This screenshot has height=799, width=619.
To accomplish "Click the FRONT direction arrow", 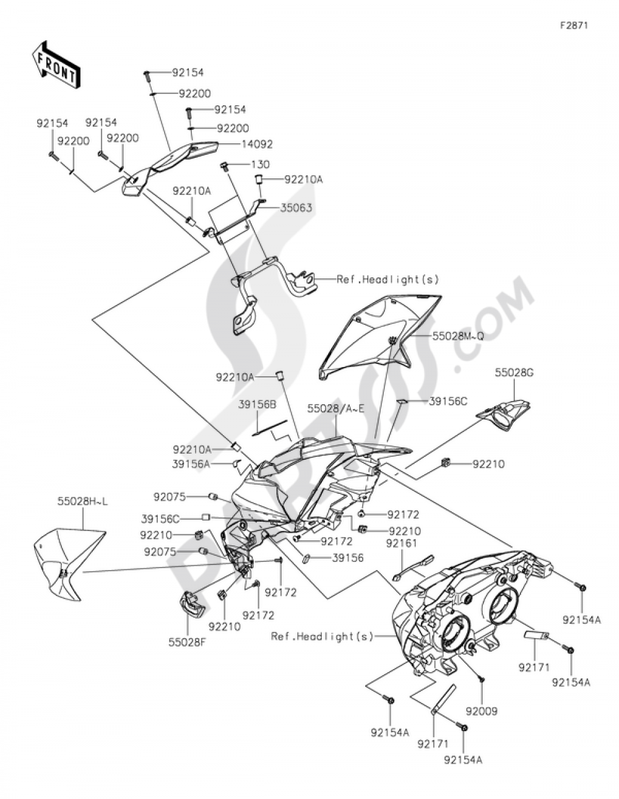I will click(54, 64).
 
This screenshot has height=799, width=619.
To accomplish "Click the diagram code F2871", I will click(574, 26).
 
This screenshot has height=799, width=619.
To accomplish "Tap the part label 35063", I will click(298, 208).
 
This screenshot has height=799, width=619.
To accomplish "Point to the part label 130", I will click(260, 165).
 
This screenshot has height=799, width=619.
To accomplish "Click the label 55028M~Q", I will click(458, 336).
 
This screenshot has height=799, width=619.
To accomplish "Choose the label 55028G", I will click(514, 373).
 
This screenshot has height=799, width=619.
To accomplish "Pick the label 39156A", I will click(191, 464).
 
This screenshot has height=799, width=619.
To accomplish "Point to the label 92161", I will click(402, 543).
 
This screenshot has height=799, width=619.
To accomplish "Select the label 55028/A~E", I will click(335, 408).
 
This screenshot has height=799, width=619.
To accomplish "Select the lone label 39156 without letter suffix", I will click(348, 558).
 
